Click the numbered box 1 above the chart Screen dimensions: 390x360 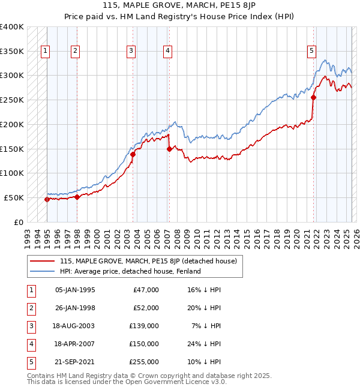46,51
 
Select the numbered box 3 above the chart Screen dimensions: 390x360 130,51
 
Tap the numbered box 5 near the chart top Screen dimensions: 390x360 311,51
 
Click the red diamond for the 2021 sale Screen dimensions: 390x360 314,98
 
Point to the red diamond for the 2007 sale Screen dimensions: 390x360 169,149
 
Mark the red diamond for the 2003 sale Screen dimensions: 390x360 133,154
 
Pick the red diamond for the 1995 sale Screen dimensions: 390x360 47,199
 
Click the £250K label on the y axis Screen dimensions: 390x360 12,100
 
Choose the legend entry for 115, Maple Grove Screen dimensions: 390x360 148,261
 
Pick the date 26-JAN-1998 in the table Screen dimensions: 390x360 75,308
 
